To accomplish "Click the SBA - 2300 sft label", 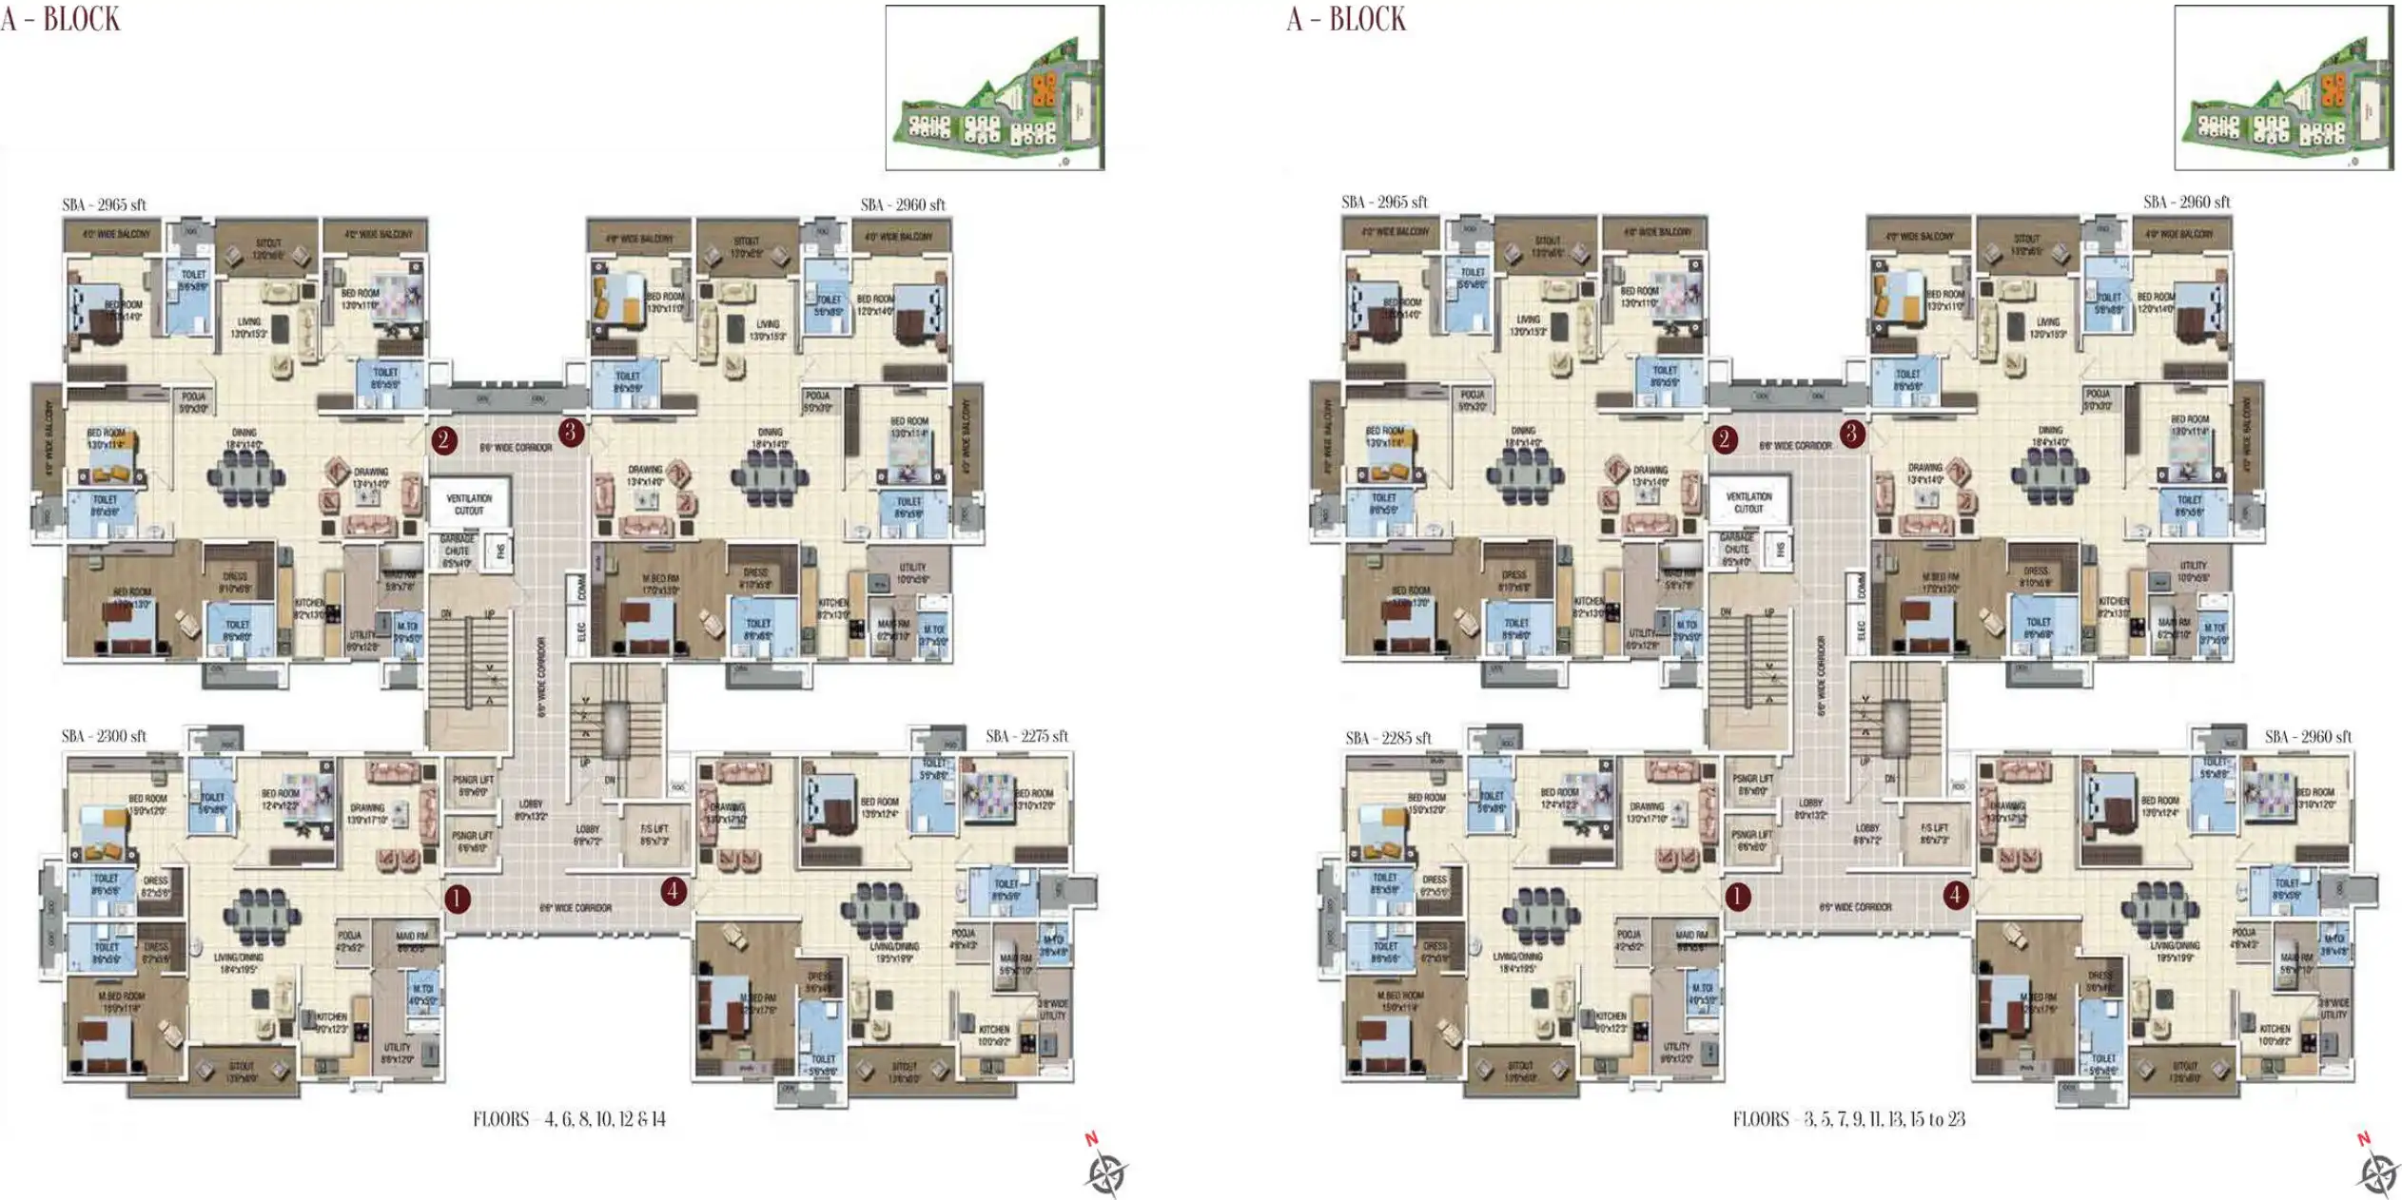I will (x=104, y=737).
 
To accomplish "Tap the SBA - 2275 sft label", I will (x=1026, y=737).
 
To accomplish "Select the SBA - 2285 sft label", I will (x=1388, y=739).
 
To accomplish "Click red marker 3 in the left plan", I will (x=571, y=433).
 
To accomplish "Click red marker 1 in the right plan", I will (x=1738, y=897).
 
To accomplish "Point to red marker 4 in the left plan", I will (x=674, y=892).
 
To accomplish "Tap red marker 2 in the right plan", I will (x=1725, y=439).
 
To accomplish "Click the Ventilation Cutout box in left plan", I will (x=469, y=504).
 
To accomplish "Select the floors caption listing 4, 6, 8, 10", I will (x=569, y=1119).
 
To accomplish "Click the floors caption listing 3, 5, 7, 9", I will (x=1848, y=1119).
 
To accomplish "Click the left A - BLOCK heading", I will (x=61, y=19).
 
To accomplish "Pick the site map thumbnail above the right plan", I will (x=2283, y=87).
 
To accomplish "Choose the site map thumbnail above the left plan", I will (x=995, y=87).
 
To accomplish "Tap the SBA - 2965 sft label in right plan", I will (x=1384, y=203).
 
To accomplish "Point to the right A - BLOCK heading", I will (x=1346, y=19).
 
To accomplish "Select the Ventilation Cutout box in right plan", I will (x=1748, y=502).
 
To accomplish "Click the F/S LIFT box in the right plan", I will (x=1934, y=834).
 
